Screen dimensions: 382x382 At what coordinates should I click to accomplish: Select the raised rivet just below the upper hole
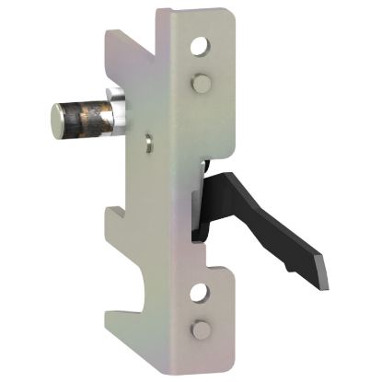click(198, 83)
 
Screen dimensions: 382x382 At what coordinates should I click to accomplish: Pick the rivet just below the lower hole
click(197, 330)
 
